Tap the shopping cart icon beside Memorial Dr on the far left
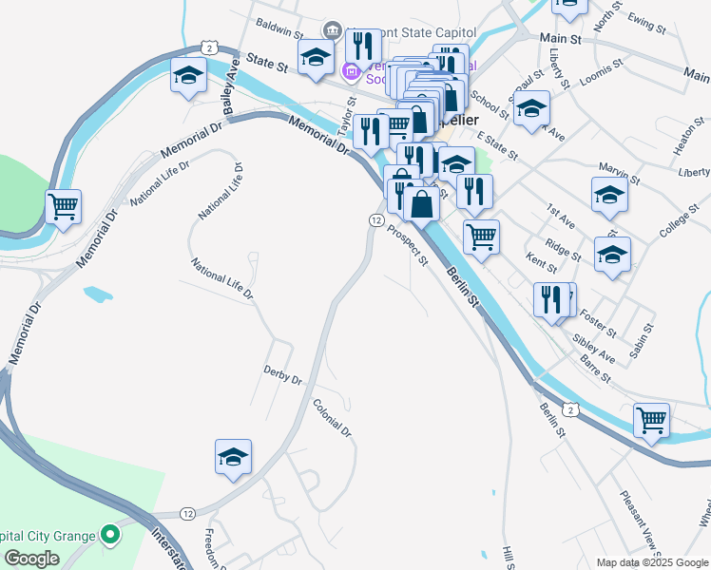64,205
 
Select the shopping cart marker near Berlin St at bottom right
651,419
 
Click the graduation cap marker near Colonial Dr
233,457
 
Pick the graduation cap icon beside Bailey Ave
188,75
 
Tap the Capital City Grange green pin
110,536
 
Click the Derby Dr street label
282,373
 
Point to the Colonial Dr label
333,417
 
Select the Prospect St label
410,245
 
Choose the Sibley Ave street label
594,349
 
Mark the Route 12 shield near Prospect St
376,219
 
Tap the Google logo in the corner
32,558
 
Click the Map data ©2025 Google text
652,562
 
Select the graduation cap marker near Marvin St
609,195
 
